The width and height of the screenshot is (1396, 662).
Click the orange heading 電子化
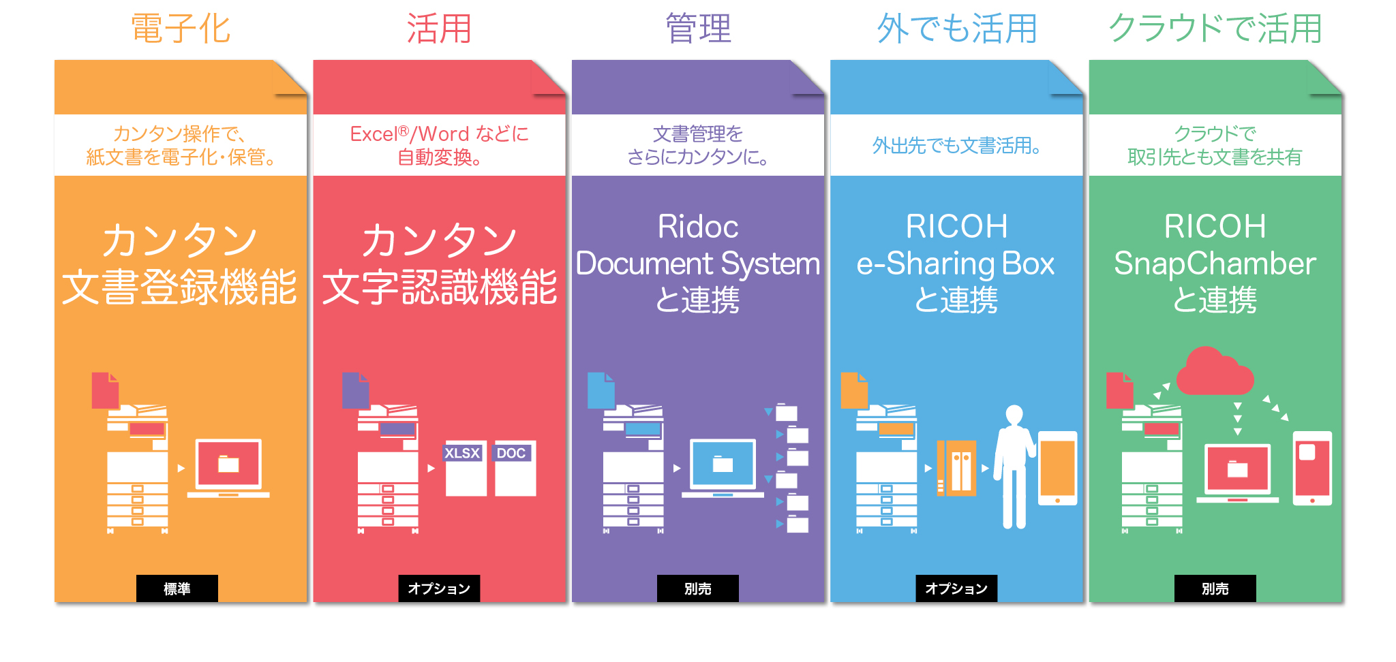181,29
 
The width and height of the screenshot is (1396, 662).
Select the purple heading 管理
698,29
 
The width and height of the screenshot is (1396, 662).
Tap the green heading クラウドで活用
1215,29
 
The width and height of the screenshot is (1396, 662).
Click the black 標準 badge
177,588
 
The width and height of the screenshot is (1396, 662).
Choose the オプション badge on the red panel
439,588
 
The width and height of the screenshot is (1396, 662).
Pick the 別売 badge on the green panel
1215,588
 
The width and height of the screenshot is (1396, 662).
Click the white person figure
1014,466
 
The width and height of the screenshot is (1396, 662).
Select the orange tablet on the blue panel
1057,468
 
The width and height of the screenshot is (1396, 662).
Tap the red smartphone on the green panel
1312,468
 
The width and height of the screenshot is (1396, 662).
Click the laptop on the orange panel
228,467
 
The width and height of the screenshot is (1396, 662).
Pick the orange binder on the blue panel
957,468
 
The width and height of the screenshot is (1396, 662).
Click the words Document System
698,264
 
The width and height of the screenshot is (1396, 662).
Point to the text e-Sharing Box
956,264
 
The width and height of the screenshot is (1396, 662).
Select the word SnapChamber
1215,264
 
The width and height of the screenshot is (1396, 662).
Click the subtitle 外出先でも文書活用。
956,145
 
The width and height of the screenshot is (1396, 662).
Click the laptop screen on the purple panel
723,464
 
